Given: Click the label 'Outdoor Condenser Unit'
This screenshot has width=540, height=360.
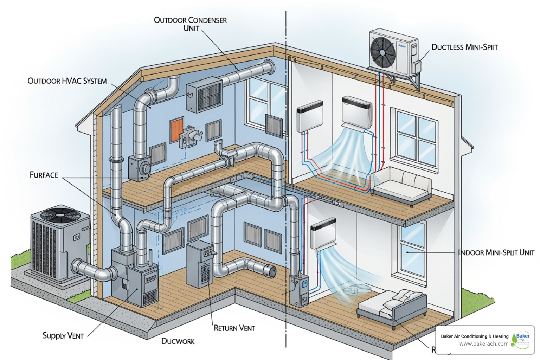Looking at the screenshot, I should [190, 24].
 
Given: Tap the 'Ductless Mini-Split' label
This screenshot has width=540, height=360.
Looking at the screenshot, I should [464, 47].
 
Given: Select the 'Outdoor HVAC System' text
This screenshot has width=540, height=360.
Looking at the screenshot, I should [67, 81].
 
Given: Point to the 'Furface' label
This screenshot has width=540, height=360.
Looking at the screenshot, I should [44, 175].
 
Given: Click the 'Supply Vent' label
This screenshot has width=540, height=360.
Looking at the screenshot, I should [63, 336].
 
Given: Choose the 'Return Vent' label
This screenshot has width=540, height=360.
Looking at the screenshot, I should [234, 328].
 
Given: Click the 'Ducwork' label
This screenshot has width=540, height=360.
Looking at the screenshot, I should [178, 341].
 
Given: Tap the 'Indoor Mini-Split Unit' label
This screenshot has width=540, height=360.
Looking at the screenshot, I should [496, 252].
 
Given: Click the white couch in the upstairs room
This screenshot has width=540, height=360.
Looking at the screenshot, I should [401, 185].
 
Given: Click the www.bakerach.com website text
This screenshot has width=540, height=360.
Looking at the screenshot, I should [483, 344].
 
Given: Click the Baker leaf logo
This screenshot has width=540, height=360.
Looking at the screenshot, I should [521, 340].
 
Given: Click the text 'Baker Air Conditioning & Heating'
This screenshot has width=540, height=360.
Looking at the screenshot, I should [475, 336].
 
